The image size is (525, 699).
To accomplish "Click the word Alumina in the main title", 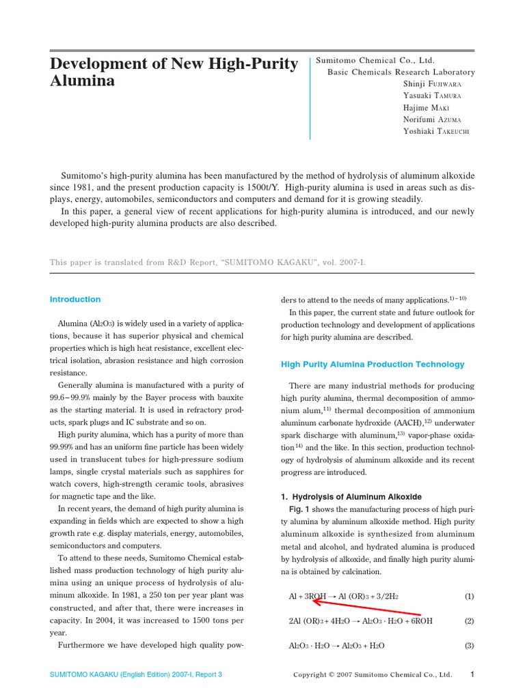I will point(82,82).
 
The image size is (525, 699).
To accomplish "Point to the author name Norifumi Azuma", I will point(437,119).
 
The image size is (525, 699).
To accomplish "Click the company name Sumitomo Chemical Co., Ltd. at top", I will point(375,60).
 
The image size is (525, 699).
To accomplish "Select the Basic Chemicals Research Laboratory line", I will point(401,72).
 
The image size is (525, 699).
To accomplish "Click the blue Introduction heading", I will point(75,299).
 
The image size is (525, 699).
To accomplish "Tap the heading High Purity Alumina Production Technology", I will point(373,365).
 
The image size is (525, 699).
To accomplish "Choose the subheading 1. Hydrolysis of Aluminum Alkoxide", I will point(351,496).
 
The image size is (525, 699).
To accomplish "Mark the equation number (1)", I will point(469,596).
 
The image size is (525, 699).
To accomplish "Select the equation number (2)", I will point(469,620).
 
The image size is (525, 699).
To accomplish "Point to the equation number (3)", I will point(469,645).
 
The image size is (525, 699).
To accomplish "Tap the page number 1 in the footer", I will point(472,674).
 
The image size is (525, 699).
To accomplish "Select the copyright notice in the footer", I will point(373,675).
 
